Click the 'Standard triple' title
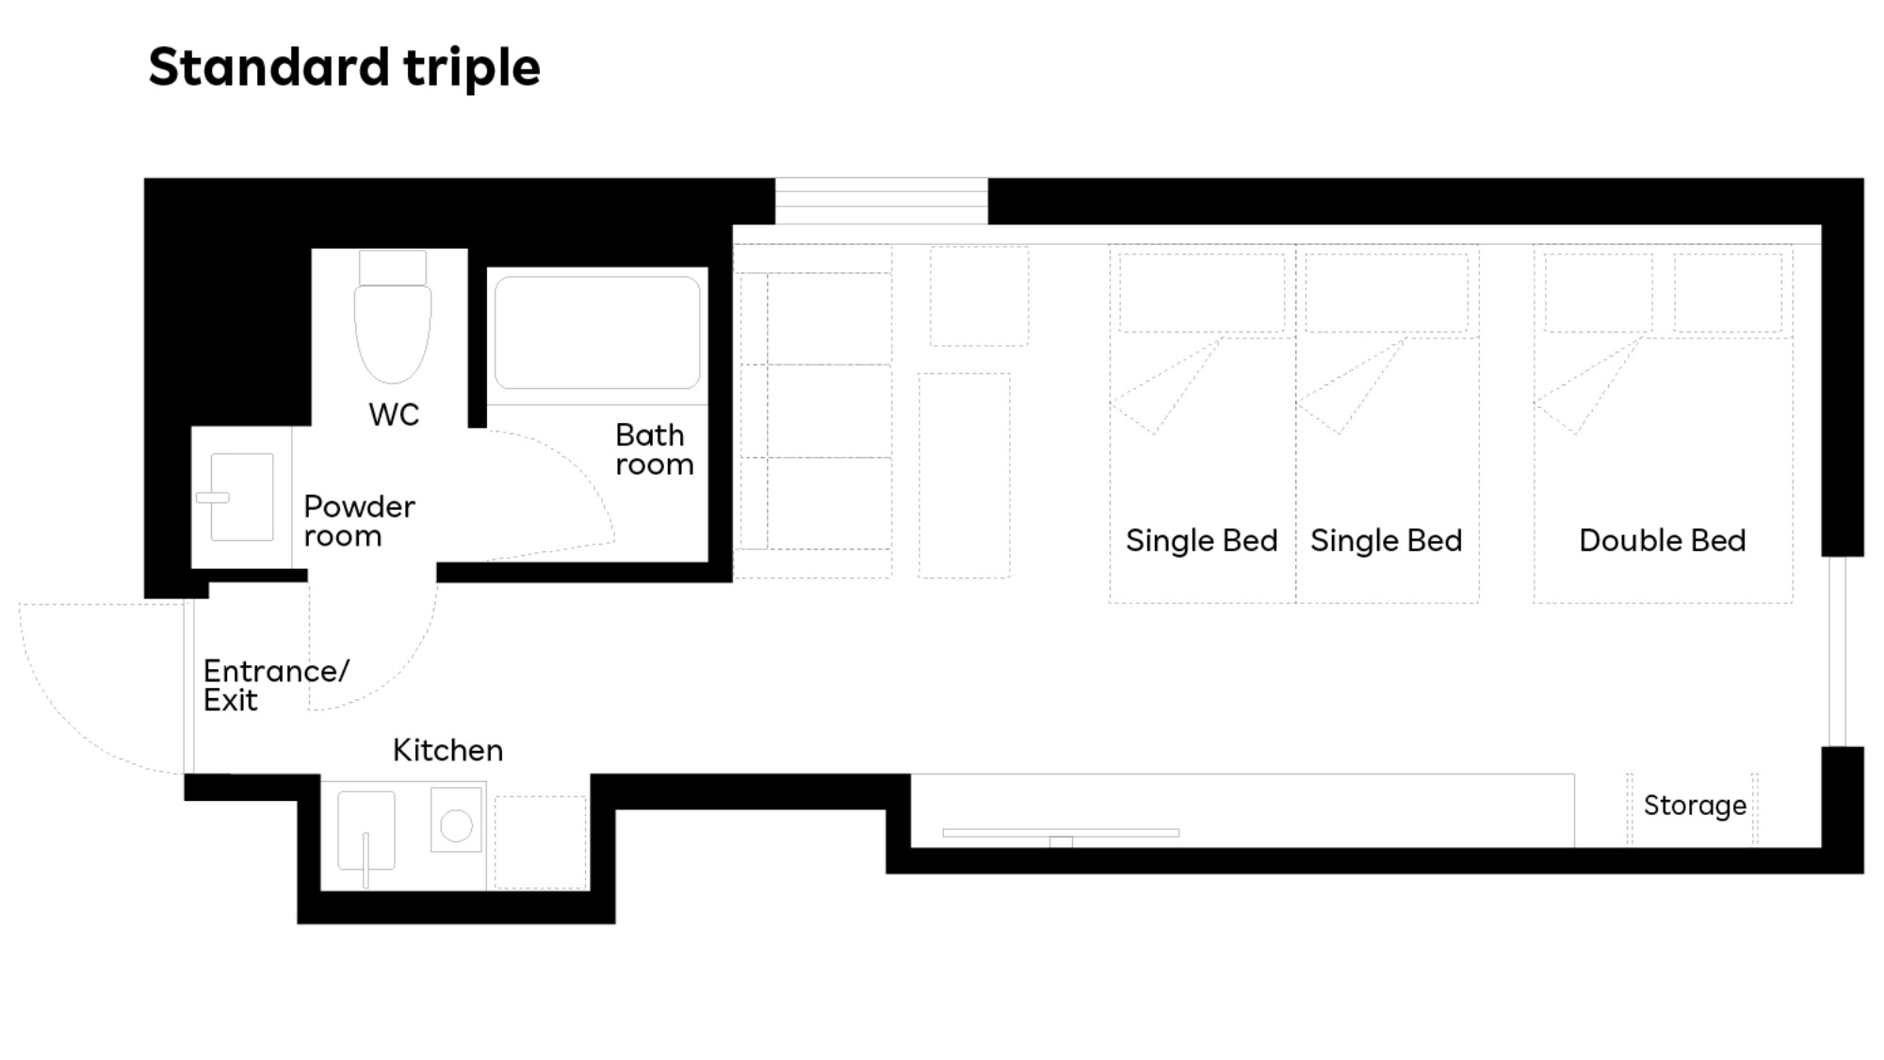(x=344, y=68)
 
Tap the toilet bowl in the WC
(x=393, y=332)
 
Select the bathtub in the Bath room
(x=597, y=332)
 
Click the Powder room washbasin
(x=242, y=497)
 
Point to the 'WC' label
(x=394, y=415)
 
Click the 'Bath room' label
(x=654, y=449)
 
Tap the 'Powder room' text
(x=359, y=521)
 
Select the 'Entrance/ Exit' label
(x=276, y=685)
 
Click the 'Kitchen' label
(x=447, y=750)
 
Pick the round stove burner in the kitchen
(x=456, y=825)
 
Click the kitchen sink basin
(x=366, y=830)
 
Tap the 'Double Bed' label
(x=1663, y=540)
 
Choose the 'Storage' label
(x=1695, y=806)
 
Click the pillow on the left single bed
(x=1201, y=292)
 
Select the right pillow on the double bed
(x=1728, y=292)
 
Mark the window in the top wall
(x=882, y=201)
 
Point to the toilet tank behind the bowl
(x=393, y=268)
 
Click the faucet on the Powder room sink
(x=213, y=497)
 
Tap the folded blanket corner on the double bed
(x=1588, y=386)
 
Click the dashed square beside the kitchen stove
(x=541, y=842)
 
